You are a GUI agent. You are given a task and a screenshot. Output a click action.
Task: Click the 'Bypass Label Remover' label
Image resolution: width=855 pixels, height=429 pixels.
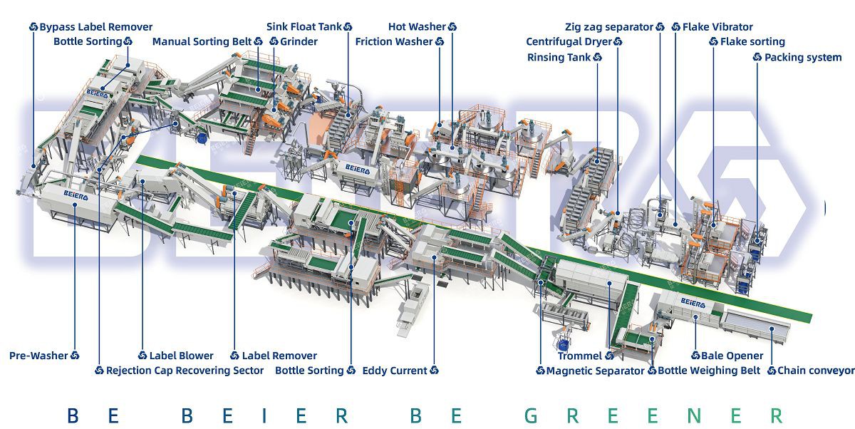(95, 27)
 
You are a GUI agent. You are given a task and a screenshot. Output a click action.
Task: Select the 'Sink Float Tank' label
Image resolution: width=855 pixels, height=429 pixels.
(304, 26)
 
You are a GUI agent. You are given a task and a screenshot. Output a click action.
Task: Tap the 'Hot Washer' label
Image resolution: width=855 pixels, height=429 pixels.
(417, 26)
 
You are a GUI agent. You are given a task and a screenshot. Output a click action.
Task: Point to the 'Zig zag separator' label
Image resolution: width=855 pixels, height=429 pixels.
(609, 27)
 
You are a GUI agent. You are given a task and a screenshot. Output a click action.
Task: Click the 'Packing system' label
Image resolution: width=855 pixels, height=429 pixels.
(803, 57)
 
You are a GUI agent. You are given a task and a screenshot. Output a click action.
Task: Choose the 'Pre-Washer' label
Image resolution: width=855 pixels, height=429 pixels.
(38, 356)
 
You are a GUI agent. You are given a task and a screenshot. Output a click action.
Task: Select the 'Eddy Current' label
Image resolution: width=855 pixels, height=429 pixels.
(395, 371)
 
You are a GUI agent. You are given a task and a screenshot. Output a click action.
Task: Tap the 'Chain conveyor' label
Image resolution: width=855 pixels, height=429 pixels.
(816, 371)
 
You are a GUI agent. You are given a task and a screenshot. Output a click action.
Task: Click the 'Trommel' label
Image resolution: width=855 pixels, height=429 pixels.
(580, 356)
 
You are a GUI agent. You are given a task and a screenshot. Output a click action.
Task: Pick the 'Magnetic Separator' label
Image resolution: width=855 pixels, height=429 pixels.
(596, 371)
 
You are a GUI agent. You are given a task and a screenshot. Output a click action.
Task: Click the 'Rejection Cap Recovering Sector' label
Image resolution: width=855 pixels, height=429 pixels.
(185, 371)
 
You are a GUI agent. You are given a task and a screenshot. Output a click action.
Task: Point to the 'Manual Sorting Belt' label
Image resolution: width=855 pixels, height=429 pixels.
(202, 41)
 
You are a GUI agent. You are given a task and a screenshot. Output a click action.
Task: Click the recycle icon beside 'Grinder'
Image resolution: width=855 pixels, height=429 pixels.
(274, 41)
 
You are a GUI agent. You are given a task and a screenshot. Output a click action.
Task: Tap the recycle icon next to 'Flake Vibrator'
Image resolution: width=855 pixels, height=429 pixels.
(676, 26)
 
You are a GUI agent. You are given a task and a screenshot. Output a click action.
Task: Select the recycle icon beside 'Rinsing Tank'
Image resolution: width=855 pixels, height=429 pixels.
(597, 57)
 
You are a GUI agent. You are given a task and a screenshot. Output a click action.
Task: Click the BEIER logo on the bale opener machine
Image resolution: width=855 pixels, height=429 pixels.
(693, 304)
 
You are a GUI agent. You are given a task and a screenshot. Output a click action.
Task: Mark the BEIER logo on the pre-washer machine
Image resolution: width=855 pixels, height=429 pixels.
(76, 195)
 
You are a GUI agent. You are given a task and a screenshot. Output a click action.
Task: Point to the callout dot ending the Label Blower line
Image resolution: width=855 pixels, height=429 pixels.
(142, 181)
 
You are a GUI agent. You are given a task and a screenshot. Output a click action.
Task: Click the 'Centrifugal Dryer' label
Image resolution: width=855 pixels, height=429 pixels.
(569, 41)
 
